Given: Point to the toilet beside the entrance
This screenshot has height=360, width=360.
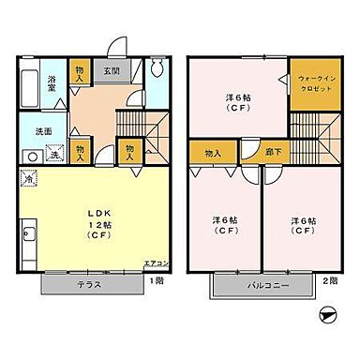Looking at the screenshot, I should pyautogui.click(x=157, y=69).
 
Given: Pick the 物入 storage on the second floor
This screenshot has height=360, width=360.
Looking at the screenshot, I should pyautogui.click(x=213, y=152).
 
